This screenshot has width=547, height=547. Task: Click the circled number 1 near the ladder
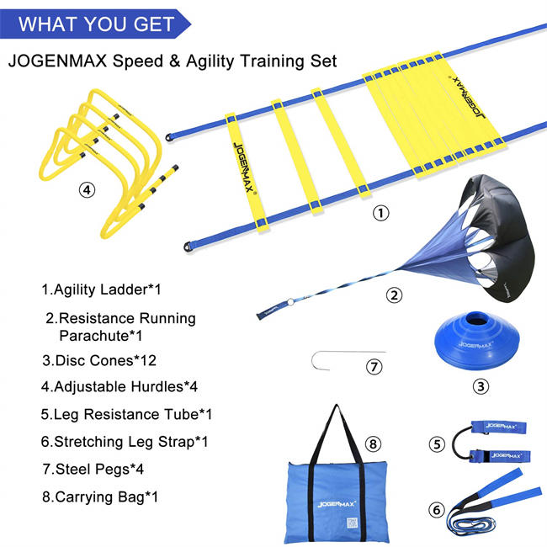point(382,214)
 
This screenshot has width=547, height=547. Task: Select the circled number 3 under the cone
point(480,388)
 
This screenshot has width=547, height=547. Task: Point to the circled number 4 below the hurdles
point(88,190)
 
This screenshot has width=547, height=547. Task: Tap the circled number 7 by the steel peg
point(374,367)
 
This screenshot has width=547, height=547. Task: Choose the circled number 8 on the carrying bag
point(372,443)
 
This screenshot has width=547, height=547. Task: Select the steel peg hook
point(320,361)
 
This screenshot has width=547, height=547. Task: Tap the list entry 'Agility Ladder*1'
point(102,289)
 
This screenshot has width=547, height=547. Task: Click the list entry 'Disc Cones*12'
point(100,361)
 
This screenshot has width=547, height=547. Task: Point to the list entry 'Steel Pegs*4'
point(95,469)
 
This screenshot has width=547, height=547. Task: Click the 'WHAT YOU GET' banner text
point(96,23)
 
